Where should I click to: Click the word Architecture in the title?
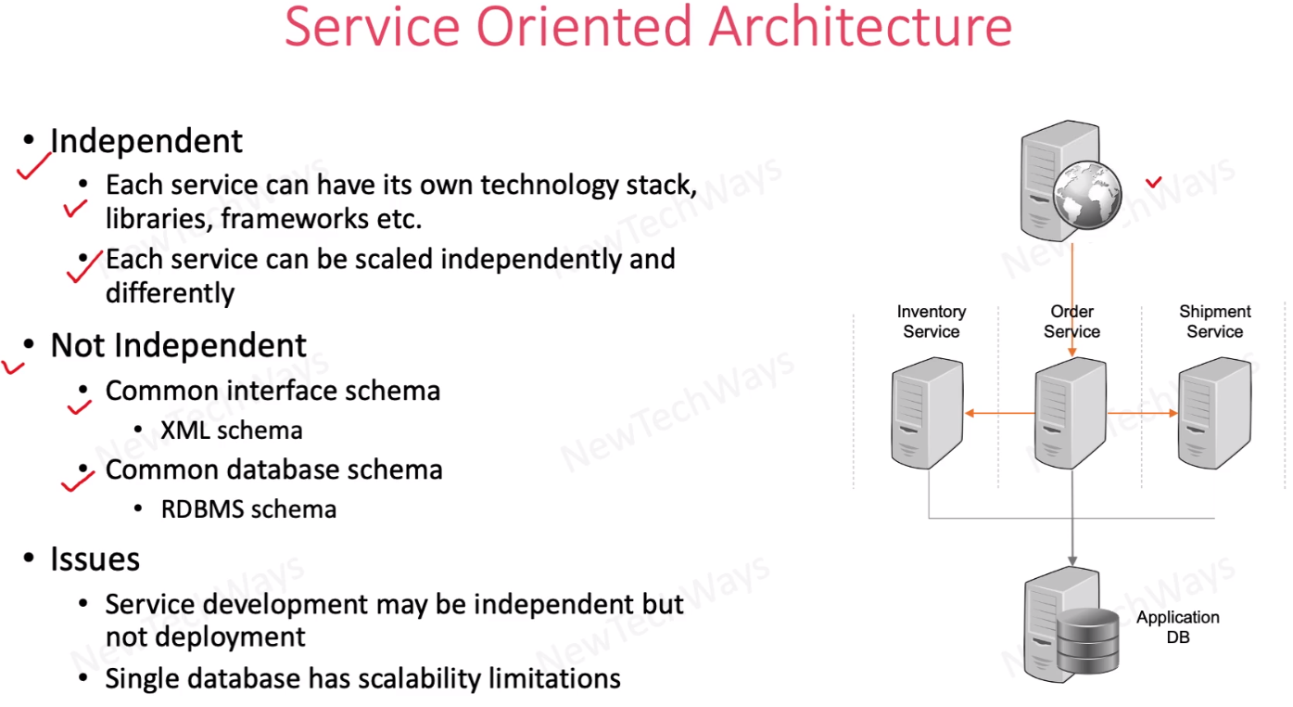[860, 27]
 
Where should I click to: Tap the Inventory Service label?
[931, 321]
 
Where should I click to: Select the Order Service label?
[1071, 321]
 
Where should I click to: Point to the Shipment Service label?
[1214, 321]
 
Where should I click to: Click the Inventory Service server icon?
[928, 415]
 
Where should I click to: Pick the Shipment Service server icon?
[1213, 415]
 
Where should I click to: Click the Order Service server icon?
[1071, 415]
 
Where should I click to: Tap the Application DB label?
[1178, 627]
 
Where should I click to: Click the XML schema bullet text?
[232, 431]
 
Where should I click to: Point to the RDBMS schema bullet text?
[248, 509]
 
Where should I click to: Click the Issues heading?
[95, 559]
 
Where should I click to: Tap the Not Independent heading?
[178, 345]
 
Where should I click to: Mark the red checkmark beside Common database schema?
[78, 480]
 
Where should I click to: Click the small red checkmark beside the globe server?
[1154, 182]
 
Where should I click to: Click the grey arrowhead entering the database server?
[1072, 560]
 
